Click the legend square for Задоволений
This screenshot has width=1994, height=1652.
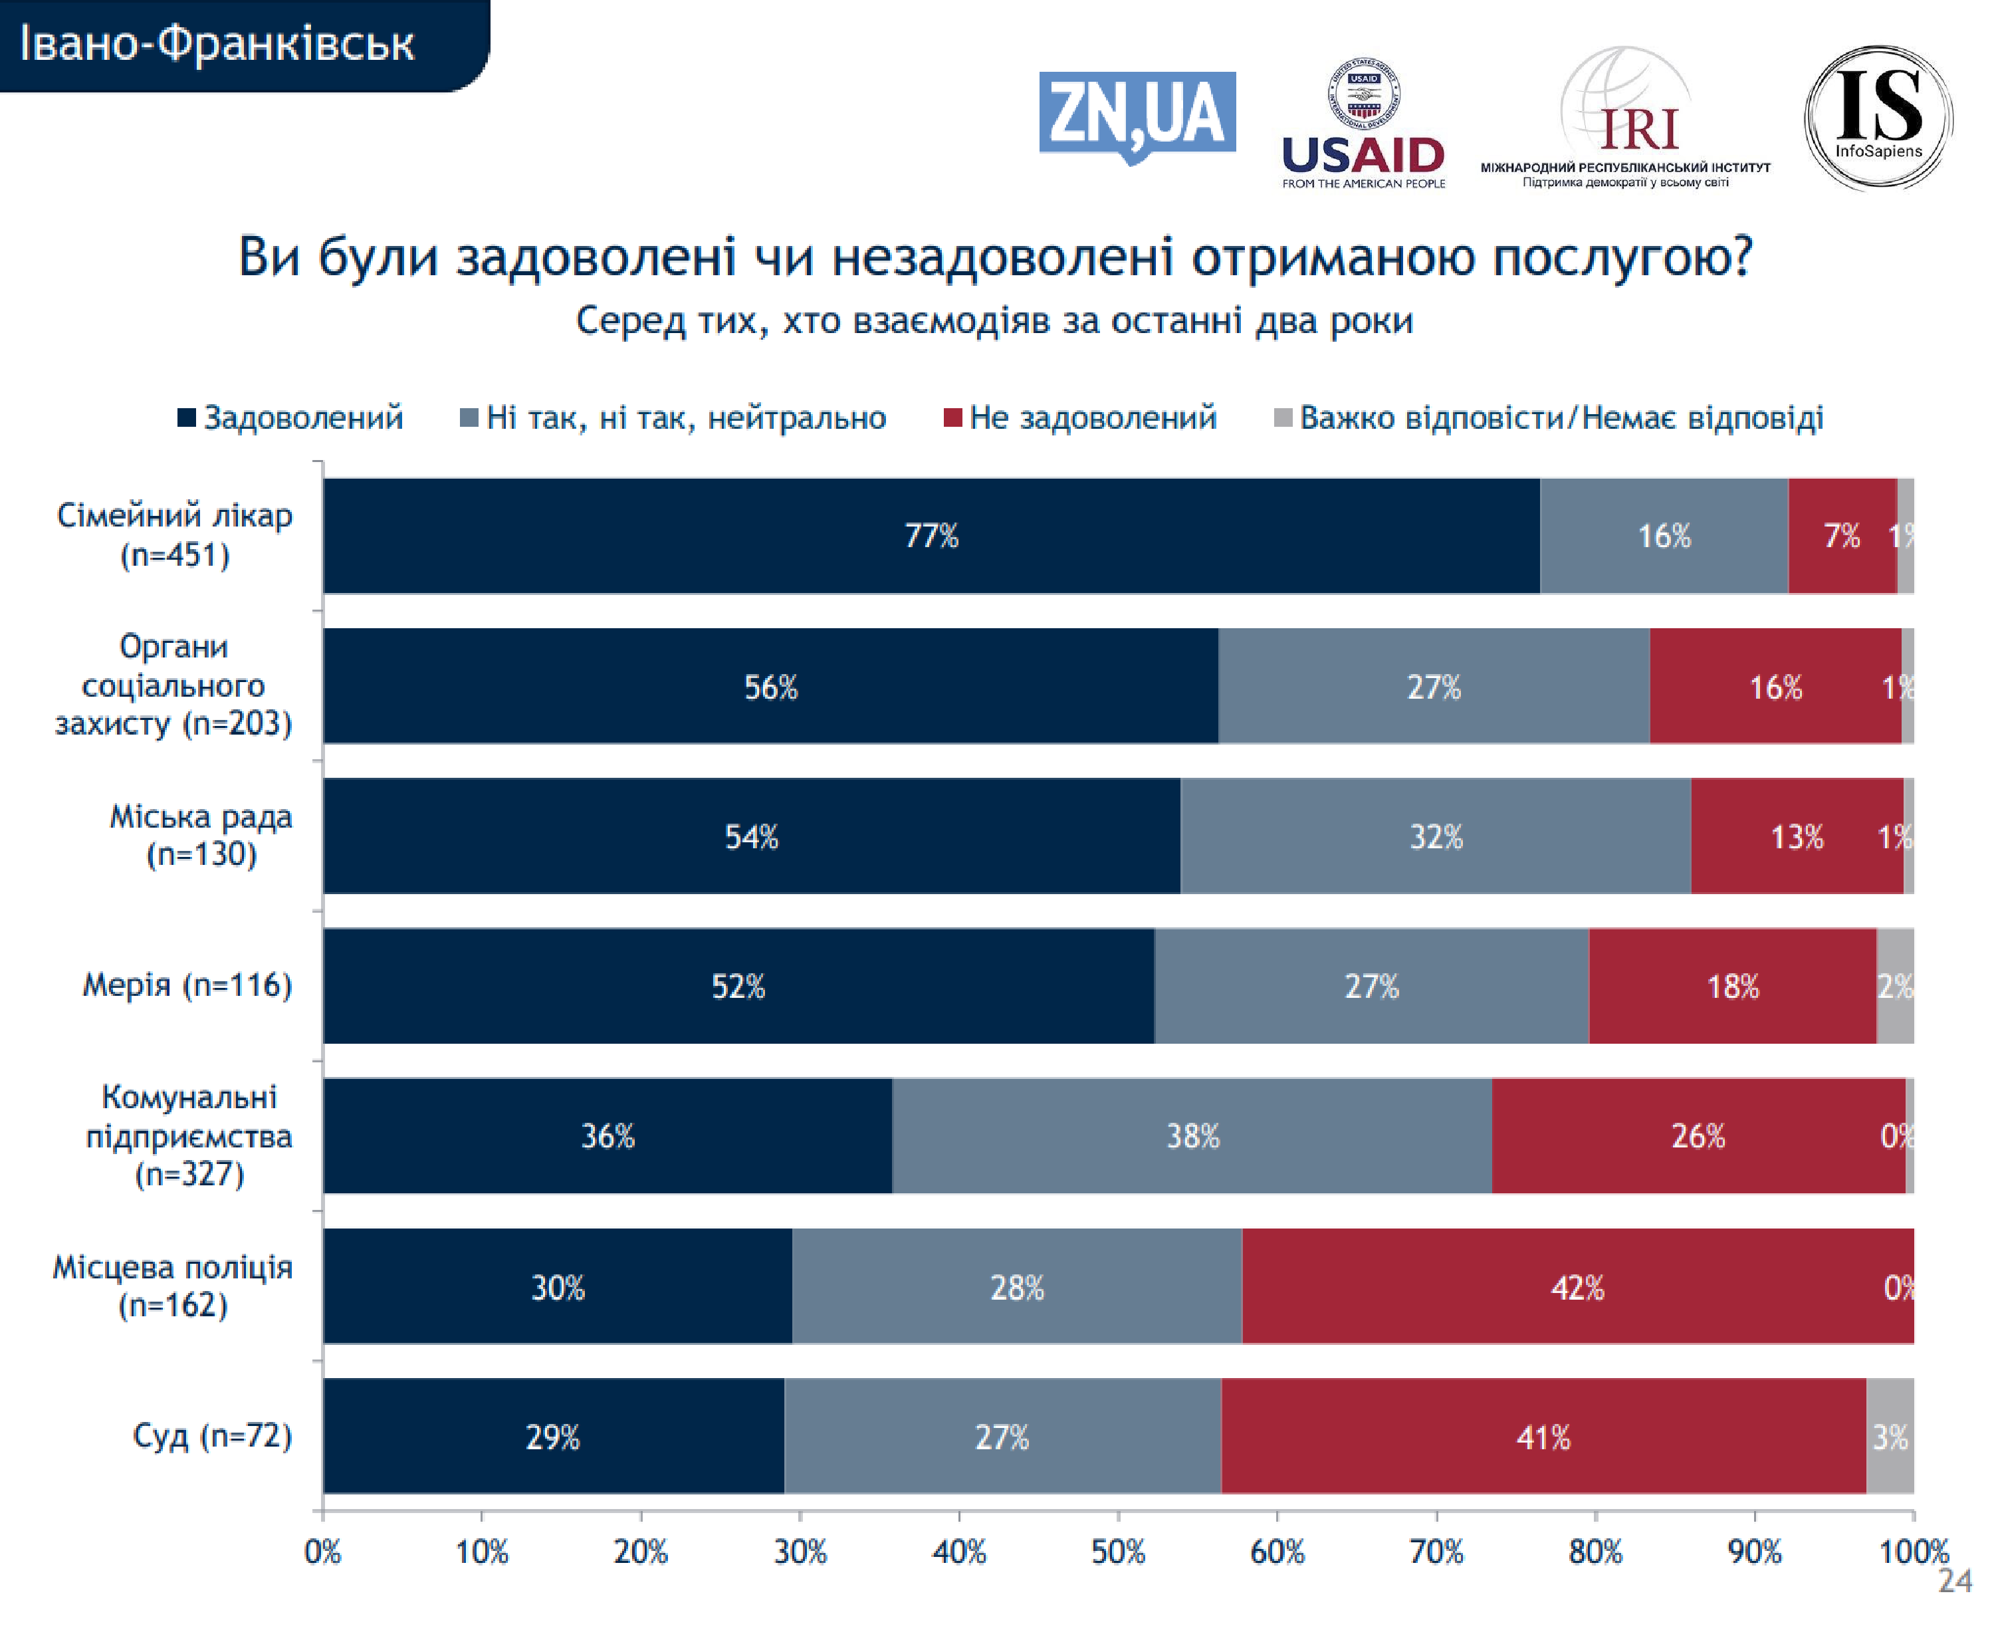186,417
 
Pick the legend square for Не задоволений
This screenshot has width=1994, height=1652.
952,417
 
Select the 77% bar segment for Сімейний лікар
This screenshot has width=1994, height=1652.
931,535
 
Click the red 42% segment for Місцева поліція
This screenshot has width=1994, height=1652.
1577,1286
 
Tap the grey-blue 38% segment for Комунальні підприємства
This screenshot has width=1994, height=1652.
1192,1135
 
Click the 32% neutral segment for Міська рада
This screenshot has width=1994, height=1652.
1435,836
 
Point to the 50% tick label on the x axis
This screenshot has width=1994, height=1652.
1117,1552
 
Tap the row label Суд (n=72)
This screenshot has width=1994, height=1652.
212,1435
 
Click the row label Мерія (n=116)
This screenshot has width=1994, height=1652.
187,985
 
